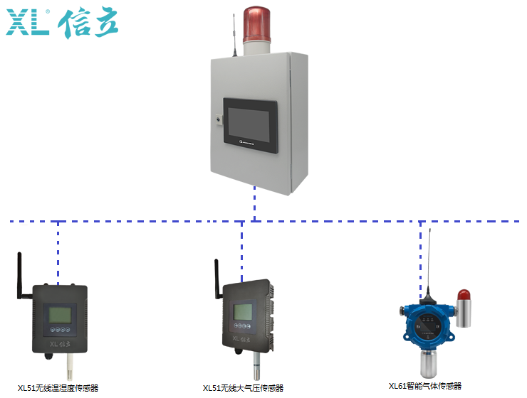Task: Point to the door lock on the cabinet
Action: [219, 120]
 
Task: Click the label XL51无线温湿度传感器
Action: [58, 388]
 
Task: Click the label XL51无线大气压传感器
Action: [244, 388]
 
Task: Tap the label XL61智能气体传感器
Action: [425, 386]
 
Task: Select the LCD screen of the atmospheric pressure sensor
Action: [244, 311]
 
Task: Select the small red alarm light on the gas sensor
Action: [464, 296]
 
